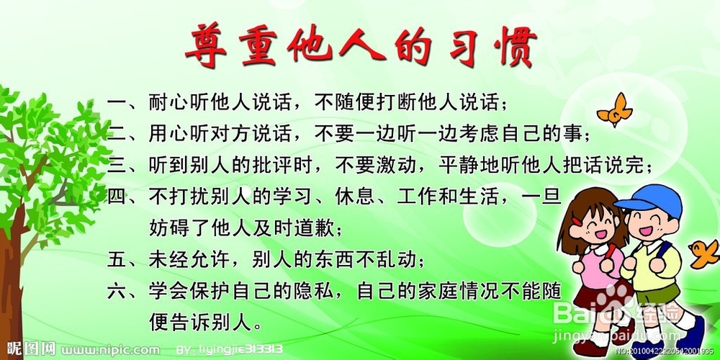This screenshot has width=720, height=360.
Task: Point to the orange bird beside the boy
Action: [x=703, y=251]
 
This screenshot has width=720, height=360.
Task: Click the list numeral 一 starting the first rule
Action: [x=117, y=102]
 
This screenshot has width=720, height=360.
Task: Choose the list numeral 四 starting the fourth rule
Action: [x=117, y=196]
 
